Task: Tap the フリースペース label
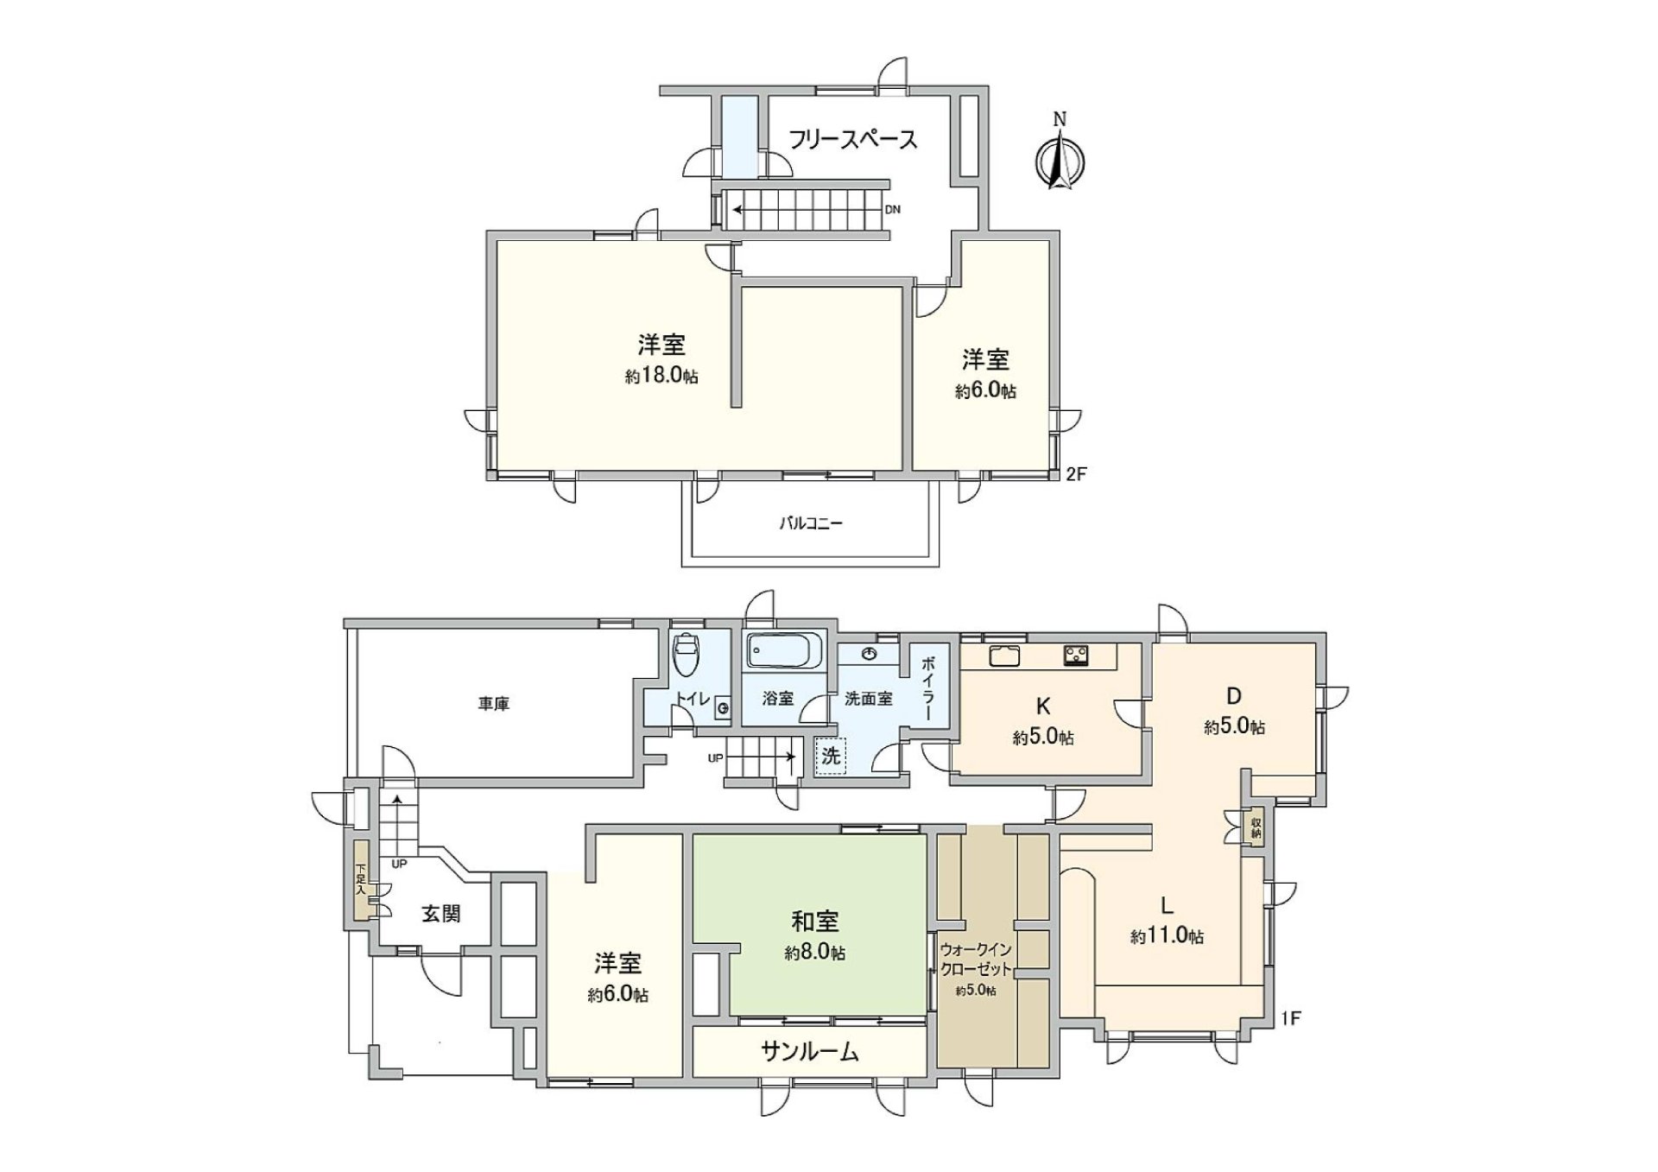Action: click(852, 139)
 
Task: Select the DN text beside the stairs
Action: click(893, 210)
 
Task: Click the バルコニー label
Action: click(811, 523)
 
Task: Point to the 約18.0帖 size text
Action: click(662, 377)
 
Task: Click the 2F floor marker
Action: click(1076, 473)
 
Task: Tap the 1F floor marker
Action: click(1290, 1019)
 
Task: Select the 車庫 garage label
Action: click(494, 705)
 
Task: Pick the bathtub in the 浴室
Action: click(784, 651)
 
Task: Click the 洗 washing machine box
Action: click(831, 757)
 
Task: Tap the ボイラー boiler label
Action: click(928, 688)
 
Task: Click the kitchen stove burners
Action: click(1076, 656)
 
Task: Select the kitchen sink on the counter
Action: click(1004, 656)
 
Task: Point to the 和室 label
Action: click(814, 922)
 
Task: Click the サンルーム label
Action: click(809, 1051)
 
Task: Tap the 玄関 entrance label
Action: click(441, 913)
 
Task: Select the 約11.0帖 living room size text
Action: click(1168, 936)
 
